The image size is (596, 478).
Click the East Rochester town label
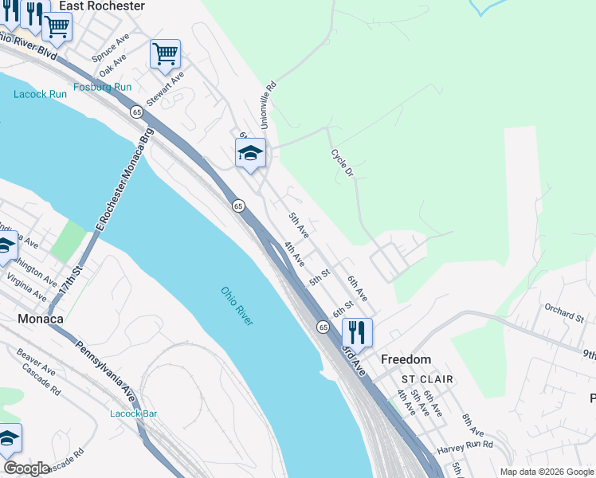(x=101, y=6)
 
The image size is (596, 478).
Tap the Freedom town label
(x=406, y=359)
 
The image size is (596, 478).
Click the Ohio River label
(x=237, y=305)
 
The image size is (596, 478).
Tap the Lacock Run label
(x=40, y=94)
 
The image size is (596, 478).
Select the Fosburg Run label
(x=102, y=87)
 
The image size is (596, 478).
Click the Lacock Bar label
(x=133, y=413)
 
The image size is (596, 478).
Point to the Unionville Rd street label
(x=269, y=105)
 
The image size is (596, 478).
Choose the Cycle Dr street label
(x=342, y=163)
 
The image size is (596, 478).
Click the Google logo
(x=26, y=468)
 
